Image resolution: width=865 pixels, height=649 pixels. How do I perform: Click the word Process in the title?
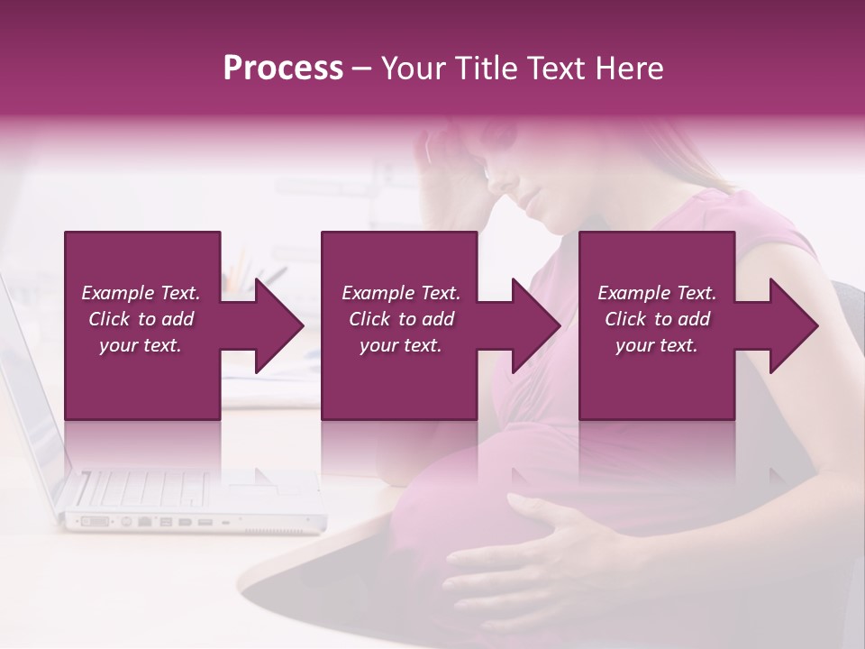283,69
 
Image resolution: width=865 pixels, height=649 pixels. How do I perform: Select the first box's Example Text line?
141,293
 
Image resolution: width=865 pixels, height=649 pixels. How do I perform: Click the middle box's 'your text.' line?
401,345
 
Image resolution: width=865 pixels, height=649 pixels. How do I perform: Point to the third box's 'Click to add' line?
657,319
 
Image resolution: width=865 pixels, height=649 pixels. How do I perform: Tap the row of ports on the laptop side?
162,521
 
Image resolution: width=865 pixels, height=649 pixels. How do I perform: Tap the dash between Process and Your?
362,69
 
